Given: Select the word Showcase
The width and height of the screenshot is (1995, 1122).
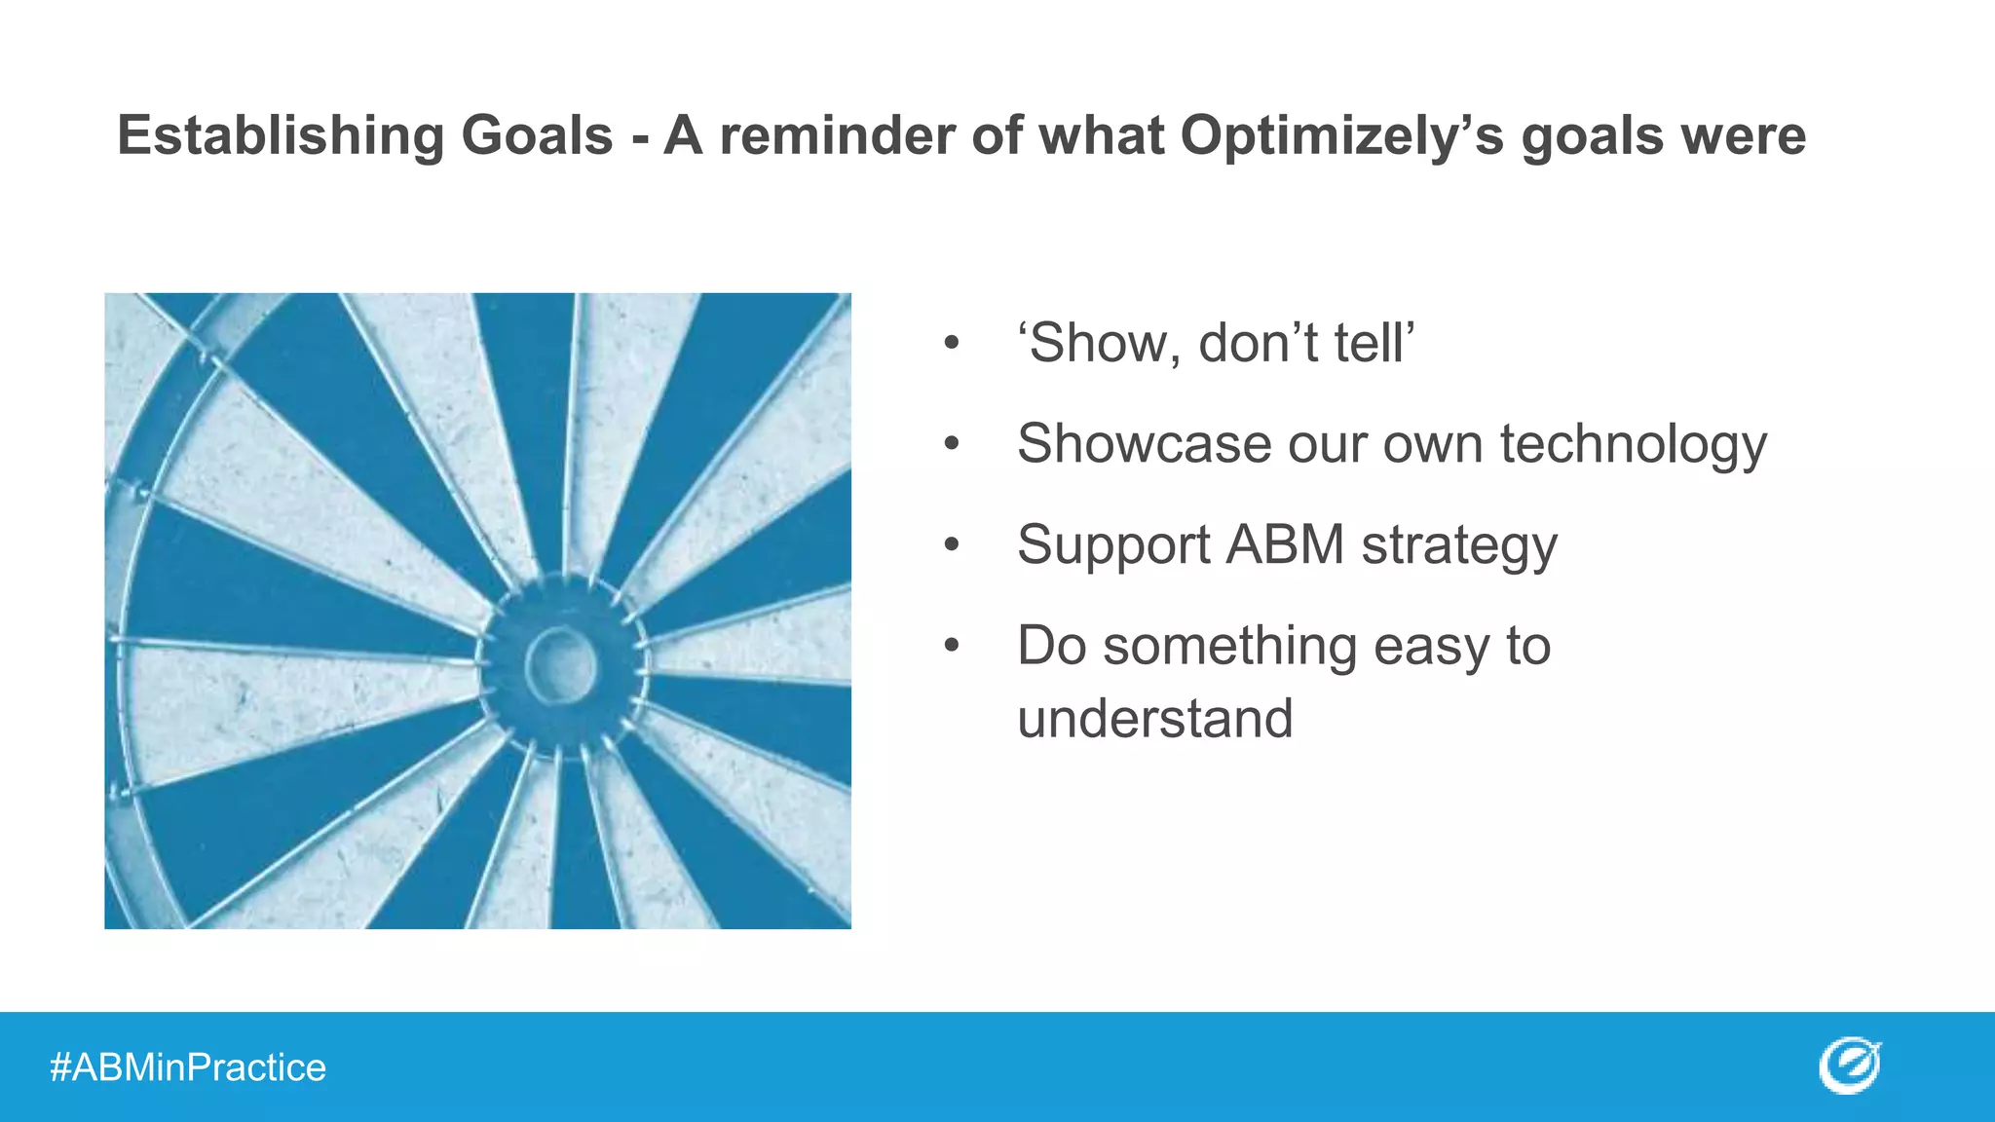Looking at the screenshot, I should click(1144, 444).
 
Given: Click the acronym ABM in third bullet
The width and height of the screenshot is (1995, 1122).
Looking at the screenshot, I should click(1285, 544).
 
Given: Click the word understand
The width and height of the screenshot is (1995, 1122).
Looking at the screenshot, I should click(1154, 719).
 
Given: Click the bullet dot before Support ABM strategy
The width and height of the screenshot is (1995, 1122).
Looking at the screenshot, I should click(952, 544).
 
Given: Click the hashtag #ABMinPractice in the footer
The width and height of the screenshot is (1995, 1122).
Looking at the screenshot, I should click(188, 1067).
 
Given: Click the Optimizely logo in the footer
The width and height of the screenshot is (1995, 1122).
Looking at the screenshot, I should click(1849, 1066).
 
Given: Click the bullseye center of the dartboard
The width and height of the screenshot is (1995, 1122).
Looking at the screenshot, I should click(561, 665).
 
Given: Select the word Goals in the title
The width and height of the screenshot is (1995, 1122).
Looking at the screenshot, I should click(537, 135).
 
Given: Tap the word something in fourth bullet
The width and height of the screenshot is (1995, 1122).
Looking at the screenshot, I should click(1229, 646).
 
